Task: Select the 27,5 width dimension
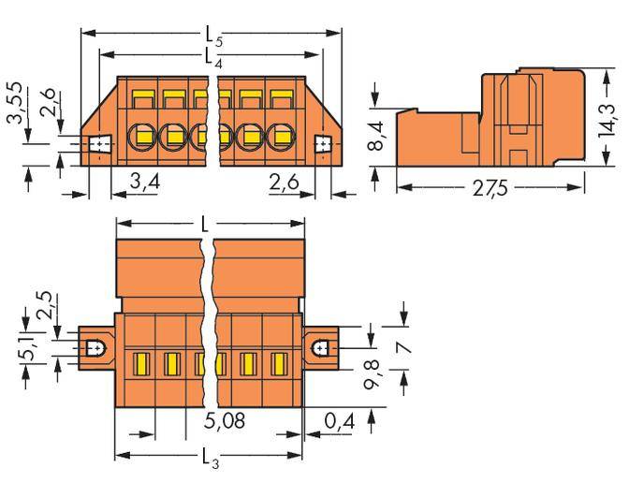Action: click(x=491, y=187)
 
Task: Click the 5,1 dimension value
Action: click(x=29, y=353)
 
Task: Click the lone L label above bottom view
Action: click(x=205, y=225)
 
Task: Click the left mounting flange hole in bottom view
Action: click(x=95, y=347)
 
